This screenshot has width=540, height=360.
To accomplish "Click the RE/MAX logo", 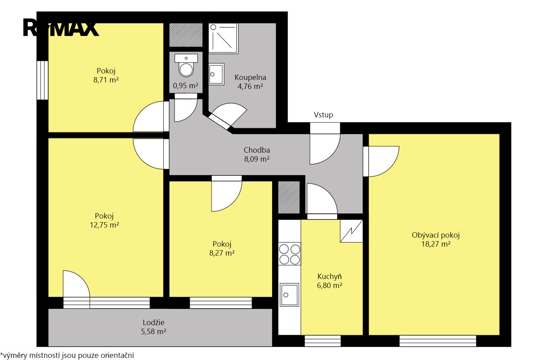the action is click(x=61, y=28).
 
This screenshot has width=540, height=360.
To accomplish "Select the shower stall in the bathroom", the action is click(x=223, y=38).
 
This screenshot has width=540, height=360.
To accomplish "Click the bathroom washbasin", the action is click(x=216, y=74).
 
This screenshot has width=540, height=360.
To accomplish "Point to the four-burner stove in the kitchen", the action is click(x=289, y=254).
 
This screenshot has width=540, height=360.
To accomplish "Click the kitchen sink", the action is click(x=289, y=294).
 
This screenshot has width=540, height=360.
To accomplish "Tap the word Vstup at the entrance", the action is click(x=323, y=115).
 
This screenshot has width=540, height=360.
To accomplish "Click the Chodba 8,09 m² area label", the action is click(x=257, y=154).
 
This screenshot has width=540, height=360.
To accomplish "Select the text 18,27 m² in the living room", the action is click(x=436, y=244).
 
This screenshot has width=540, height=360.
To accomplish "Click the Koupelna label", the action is click(x=250, y=77).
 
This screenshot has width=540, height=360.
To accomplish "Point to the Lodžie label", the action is click(x=154, y=323).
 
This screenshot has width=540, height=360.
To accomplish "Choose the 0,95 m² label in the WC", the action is click(x=186, y=86).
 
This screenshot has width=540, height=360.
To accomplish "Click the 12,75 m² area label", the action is click(x=104, y=225).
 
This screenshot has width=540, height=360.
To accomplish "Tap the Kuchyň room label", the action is click(x=329, y=276).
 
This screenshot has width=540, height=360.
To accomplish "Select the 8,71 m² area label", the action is click(x=106, y=80).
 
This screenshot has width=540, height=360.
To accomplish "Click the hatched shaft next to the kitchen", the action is click(x=289, y=197).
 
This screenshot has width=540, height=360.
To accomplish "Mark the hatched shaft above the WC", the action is click(x=186, y=35).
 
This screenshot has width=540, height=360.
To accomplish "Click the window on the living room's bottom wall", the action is click(x=438, y=341).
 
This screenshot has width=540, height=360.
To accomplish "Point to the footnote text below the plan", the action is click(x=67, y=355).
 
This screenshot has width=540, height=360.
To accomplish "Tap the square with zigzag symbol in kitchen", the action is click(x=351, y=231).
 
